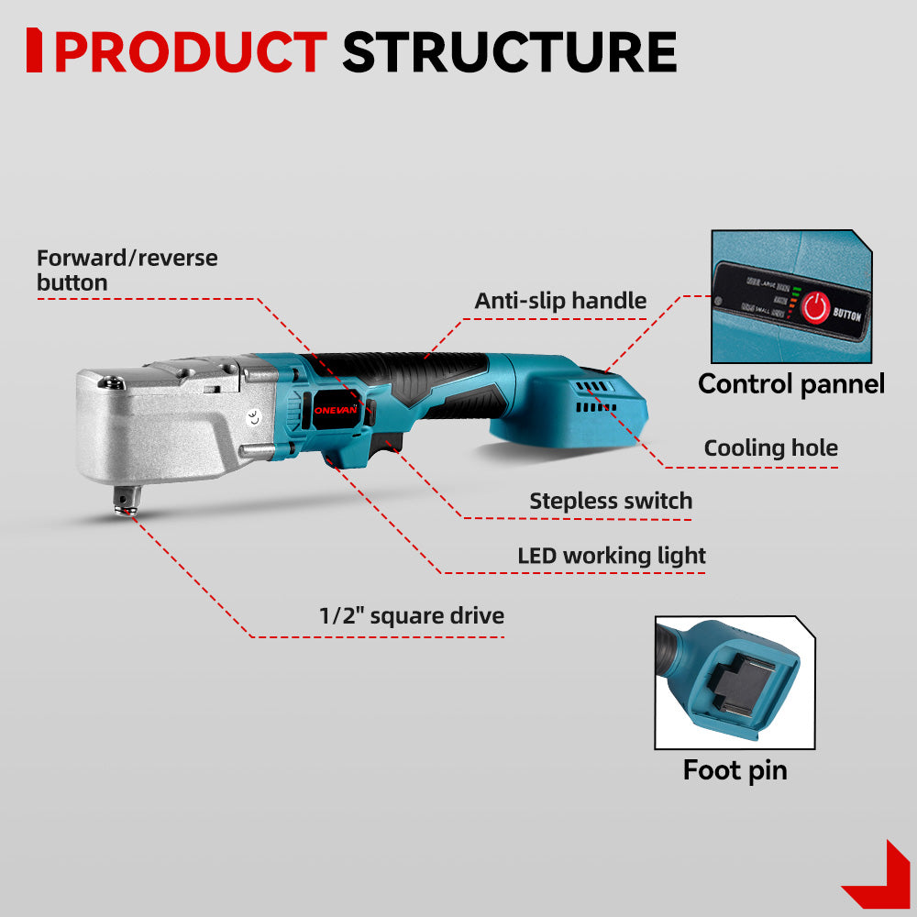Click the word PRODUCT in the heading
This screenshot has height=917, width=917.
coord(190,52)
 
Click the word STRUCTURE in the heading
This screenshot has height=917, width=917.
coord(509,52)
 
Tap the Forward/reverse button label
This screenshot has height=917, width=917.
coord(127,270)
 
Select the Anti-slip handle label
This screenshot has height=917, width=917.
coord(560,301)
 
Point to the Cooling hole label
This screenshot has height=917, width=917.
coord(770,448)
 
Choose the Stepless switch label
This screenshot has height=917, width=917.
coord(611,502)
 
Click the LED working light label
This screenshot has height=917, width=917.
coord(612,556)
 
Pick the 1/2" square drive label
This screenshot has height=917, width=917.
coord(411,615)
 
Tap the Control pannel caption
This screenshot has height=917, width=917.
coord(790,383)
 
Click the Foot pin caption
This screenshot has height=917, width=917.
coord(735,770)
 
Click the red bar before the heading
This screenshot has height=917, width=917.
coord(34,50)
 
